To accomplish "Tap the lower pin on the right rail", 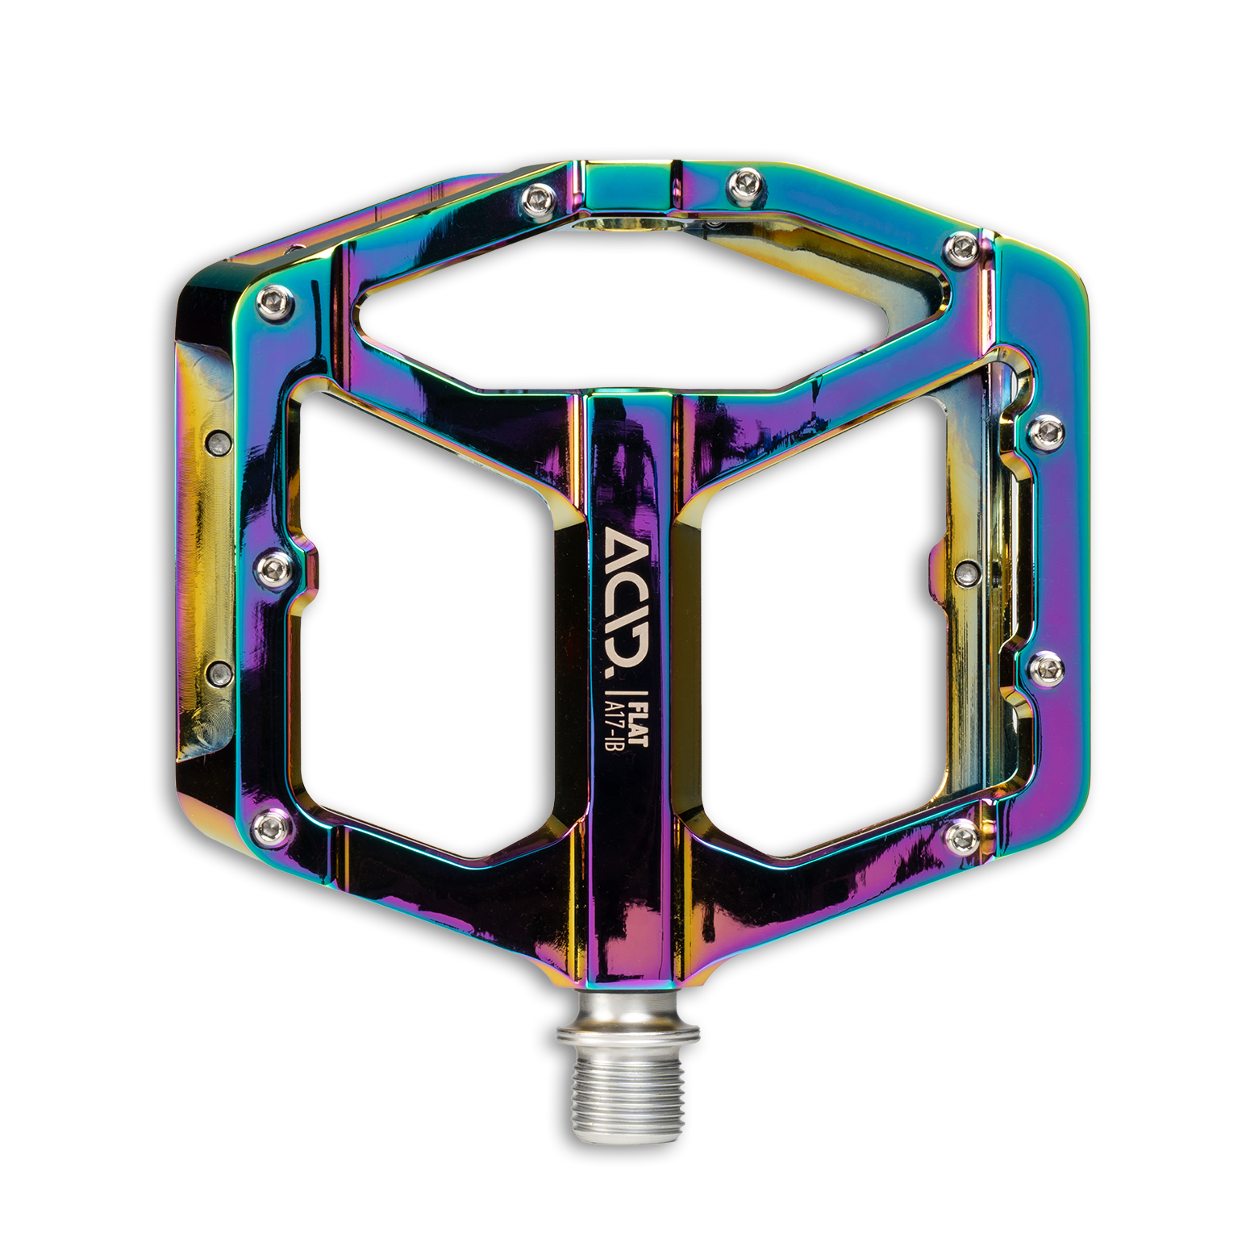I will pos(1046,665).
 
